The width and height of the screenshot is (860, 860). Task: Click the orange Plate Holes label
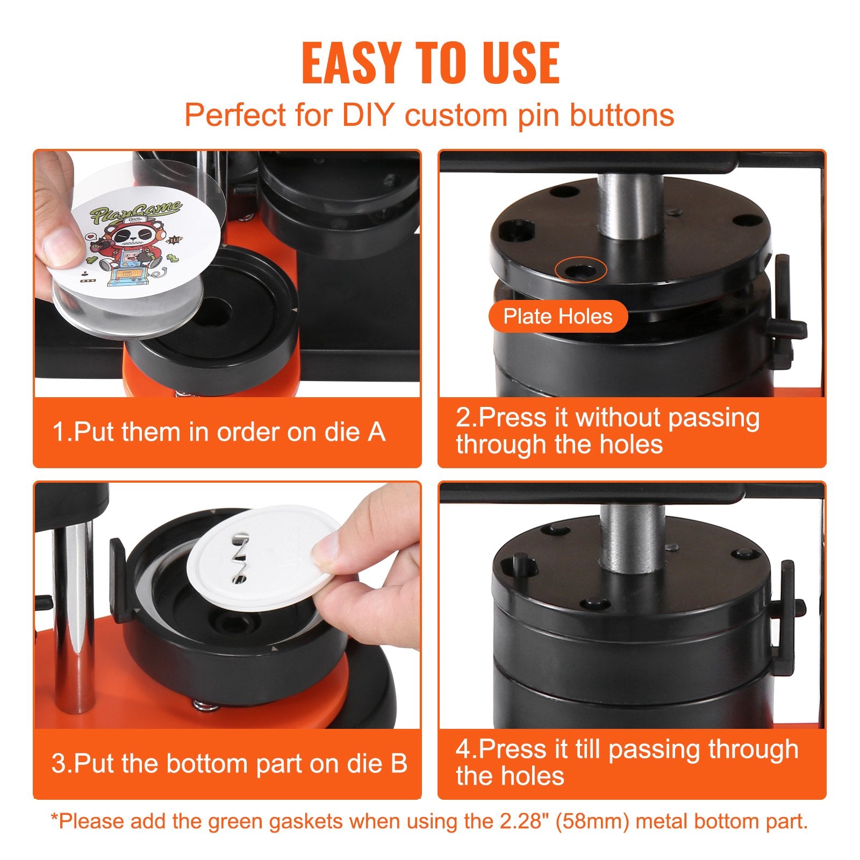point(558,317)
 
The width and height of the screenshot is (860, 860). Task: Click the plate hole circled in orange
point(581,270)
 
